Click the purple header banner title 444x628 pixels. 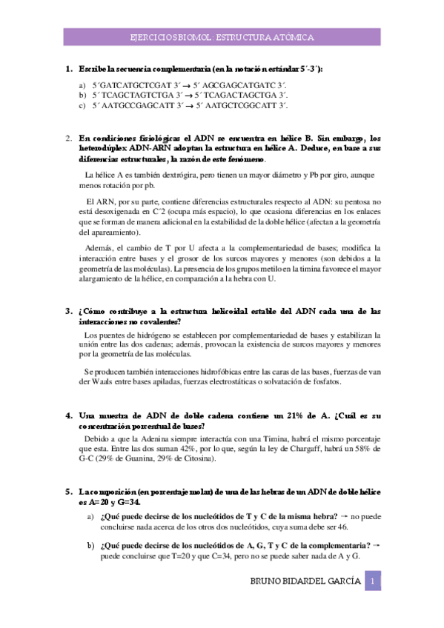[222, 36]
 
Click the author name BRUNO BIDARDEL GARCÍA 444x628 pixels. [306, 581]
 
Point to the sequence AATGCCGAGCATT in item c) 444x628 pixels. [134, 106]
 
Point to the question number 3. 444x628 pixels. [68, 311]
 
